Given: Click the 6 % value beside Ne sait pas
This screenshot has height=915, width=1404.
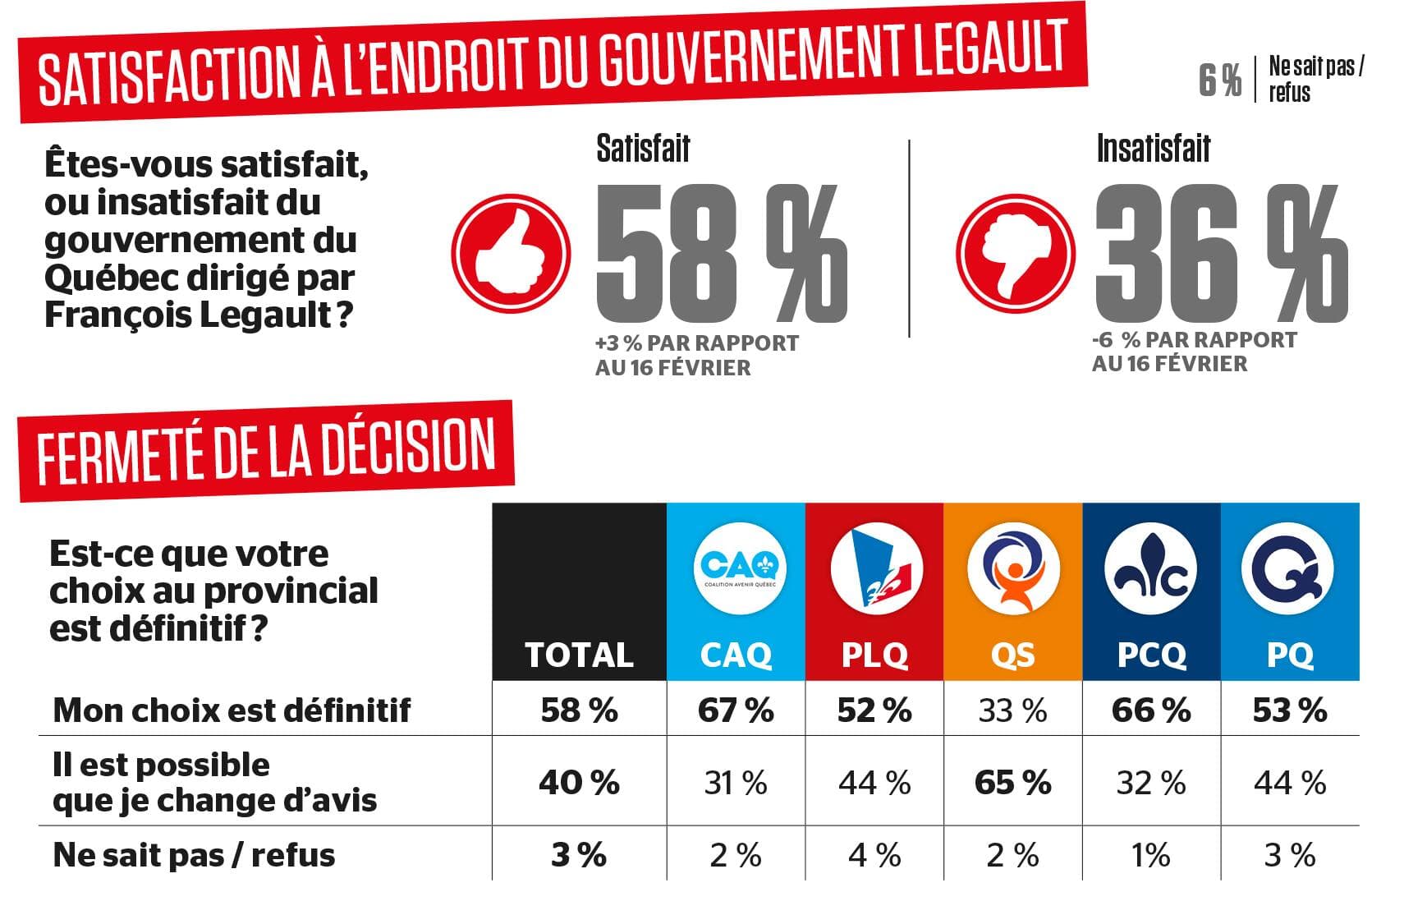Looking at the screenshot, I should (x=1219, y=80).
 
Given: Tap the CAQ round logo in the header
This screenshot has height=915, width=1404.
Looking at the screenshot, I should (x=740, y=568).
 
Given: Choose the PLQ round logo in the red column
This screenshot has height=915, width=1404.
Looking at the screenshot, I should (x=875, y=568).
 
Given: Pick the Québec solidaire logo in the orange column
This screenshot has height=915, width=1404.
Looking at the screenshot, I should (x=1013, y=568).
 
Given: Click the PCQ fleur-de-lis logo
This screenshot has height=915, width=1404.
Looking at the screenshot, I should (x=1151, y=568).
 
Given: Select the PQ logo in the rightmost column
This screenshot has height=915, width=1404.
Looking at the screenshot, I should (x=1287, y=568).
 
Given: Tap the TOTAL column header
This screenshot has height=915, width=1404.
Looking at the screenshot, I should (x=579, y=655).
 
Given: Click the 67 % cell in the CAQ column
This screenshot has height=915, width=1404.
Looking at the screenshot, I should (x=736, y=710).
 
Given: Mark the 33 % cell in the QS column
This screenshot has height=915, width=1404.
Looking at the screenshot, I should (x=1013, y=710).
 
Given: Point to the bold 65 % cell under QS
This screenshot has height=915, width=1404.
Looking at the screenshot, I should (x=1013, y=783).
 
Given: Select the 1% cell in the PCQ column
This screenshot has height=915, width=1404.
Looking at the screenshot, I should (x=1150, y=855).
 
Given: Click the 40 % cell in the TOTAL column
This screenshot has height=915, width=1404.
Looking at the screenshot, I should (x=579, y=783).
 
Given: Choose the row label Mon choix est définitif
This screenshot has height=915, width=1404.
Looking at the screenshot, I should (x=232, y=710).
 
